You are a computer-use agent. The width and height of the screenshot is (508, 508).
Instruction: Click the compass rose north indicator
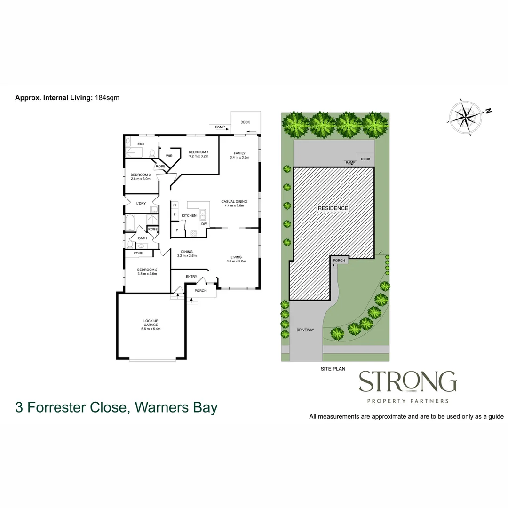(x=488, y=111)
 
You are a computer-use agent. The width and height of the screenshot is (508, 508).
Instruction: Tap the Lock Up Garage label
(x=151, y=325)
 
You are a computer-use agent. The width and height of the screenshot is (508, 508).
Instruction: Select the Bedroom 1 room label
(x=198, y=154)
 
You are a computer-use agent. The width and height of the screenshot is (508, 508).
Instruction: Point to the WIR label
(x=169, y=156)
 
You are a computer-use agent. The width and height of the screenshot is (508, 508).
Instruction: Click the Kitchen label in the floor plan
(x=189, y=216)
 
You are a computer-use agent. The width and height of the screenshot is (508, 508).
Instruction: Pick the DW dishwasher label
(x=204, y=224)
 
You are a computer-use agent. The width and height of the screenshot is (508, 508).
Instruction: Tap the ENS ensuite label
(x=141, y=144)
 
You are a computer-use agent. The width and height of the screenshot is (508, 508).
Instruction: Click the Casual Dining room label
(x=234, y=204)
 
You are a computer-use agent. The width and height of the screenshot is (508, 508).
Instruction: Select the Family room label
(x=240, y=155)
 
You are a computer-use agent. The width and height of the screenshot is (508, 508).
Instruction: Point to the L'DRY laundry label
(x=141, y=204)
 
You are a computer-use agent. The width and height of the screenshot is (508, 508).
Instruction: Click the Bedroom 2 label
(x=147, y=271)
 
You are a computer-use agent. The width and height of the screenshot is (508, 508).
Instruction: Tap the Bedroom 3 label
(x=141, y=176)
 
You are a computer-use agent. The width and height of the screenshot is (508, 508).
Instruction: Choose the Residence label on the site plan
(x=333, y=208)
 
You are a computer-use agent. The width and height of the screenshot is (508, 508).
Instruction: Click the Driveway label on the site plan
(x=305, y=330)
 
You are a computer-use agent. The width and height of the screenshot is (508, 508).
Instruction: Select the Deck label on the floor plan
(x=245, y=122)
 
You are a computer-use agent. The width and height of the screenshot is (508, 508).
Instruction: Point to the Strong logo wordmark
(x=408, y=381)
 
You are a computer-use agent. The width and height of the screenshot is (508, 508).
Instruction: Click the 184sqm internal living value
(x=107, y=97)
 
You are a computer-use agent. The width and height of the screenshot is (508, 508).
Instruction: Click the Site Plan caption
(x=333, y=369)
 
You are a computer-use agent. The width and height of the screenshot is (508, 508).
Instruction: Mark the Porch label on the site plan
(x=339, y=260)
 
